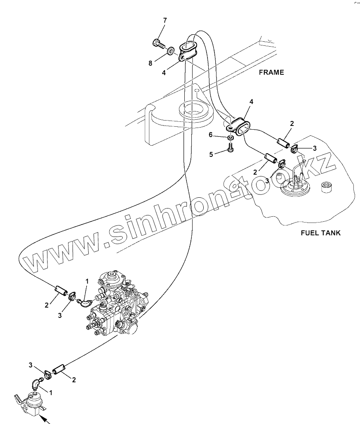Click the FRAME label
[271, 72]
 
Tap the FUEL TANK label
[320, 233]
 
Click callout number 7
[165, 21]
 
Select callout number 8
[151, 63]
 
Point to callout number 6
[210, 135]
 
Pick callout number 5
[211, 154]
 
